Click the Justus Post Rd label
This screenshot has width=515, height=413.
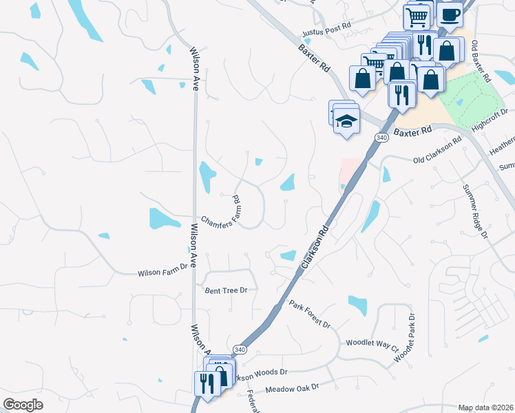coord(327,33)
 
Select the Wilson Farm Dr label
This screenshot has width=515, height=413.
coord(162,273)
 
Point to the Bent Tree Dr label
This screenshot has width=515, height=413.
coord(225,290)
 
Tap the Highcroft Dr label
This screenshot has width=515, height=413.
coord(490,118)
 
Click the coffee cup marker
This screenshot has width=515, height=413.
coord(450,15)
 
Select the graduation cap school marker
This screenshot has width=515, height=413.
coord(346,122)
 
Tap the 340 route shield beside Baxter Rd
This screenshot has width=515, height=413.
coord(381,138)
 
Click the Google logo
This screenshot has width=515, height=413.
coord(23,404)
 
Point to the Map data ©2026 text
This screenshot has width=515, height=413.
coord(485,407)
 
